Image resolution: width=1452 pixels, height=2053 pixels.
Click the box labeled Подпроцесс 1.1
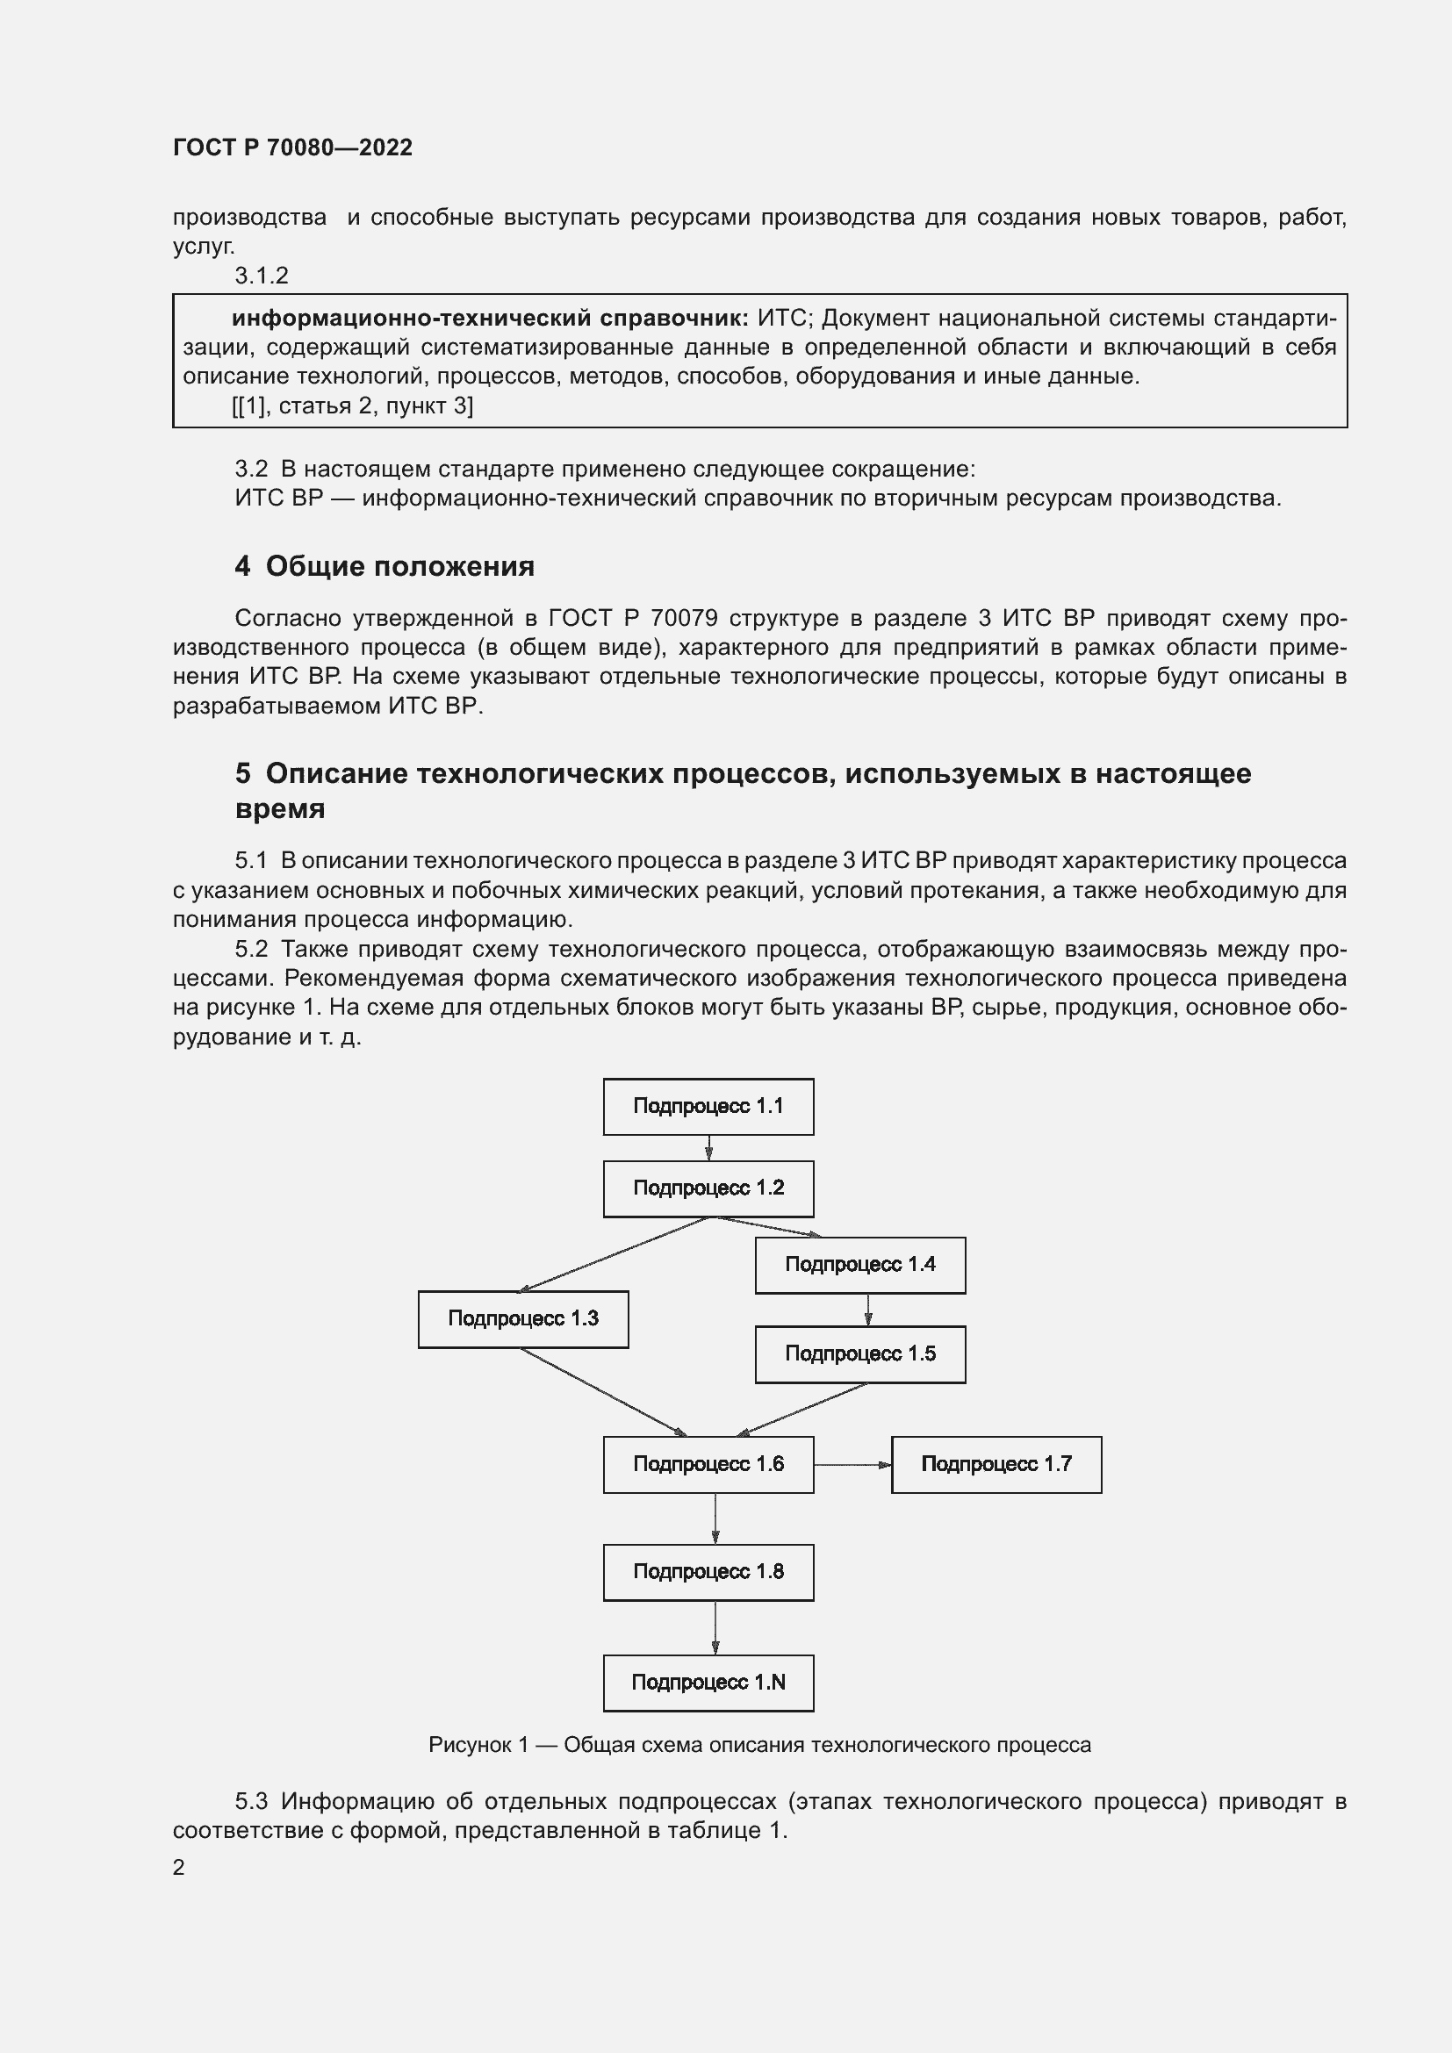(x=708, y=1106)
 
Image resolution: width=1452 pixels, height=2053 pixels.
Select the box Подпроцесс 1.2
(x=708, y=1188)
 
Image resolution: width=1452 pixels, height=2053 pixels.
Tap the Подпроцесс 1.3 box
(x=523, y=1319)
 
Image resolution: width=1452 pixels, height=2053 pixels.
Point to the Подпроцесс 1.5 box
(x=860, y=1353)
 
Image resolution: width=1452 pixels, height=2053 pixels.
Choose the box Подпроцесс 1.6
(x=708, y=1465)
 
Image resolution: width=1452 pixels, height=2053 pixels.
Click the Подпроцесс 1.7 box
(x=996, y=1465)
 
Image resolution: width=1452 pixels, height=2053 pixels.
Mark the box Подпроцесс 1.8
(x=708, y=1572)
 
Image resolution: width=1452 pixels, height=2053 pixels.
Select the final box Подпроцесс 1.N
(x=708, y=1683)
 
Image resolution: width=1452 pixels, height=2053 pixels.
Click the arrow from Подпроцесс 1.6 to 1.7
(x=852, y=1465)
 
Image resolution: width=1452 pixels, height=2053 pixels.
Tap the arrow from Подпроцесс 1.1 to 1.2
(x=708, y=1148)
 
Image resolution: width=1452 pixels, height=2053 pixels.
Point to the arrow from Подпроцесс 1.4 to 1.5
(x=867, y=1310)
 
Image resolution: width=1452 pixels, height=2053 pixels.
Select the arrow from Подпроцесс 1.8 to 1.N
(x=715, y=1627)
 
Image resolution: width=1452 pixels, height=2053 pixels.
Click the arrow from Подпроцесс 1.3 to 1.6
(x=603, y=1392)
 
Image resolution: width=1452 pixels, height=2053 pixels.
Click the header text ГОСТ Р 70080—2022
(x=292, y=147)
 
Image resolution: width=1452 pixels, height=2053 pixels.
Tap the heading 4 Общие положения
(x=385, y=566)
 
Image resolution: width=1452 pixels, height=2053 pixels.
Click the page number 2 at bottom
(x=179, y=1868)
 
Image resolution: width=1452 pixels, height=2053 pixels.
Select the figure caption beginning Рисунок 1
(x=759, y=1745)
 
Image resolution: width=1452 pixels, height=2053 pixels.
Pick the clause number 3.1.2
(x=261, y=276)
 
